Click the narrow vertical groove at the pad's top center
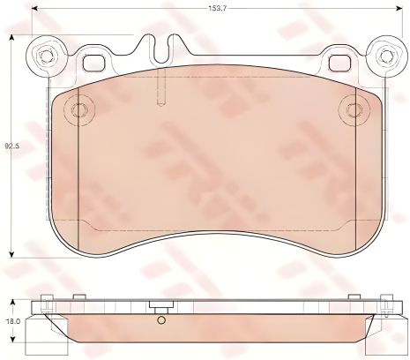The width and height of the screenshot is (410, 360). (x=160, y=88)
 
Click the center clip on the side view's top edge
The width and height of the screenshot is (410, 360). (x=160, y=308)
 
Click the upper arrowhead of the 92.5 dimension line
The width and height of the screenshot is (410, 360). (x=11, y=39)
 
